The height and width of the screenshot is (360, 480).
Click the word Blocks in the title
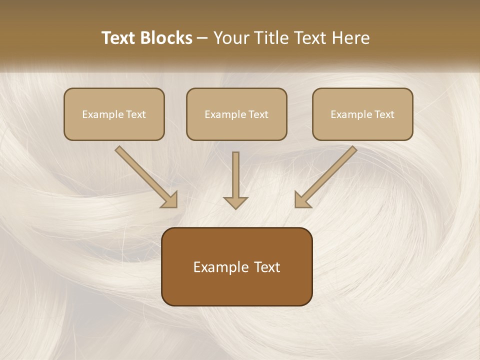pos(166,38)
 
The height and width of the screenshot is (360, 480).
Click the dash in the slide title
pos(202,38)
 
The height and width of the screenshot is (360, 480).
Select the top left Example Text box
pos(114,114)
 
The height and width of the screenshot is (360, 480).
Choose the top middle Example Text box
pos(236,114)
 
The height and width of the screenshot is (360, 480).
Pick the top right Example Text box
pos(362,114)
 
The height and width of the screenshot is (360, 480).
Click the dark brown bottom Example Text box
pos(236,266)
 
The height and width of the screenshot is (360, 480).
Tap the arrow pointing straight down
pos(235,180)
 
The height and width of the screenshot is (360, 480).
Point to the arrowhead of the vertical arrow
pos(235,202)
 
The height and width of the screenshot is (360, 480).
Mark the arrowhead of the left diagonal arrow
pos(170,200)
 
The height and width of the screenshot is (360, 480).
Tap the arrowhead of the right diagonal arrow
pos(302,199)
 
